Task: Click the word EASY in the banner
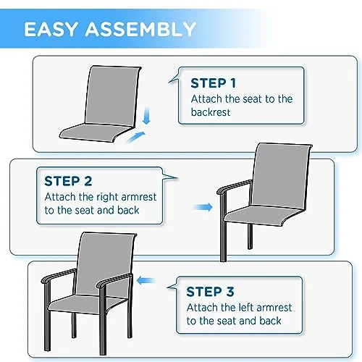[x=50, y=29]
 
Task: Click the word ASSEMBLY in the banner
[x=140, y=29]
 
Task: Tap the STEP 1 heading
[x=213, y=83]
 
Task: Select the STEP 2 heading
[x=68, y=181]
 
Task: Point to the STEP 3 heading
[x=210, y=291]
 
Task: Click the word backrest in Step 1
[x=211, y=112]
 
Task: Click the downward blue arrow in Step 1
[x=146, y=115]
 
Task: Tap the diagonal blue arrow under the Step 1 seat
[x=136, y=138]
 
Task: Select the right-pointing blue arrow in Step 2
[x=203, y=207]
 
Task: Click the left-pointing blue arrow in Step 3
[x=146, y=281]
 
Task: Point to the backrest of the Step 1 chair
[x=112, y=96]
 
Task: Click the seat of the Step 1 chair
[x=96, y=132]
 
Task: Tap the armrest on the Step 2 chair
[x=234, y=186]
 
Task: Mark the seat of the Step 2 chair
[x=262, y=216]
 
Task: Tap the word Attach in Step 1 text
[x=206, y=99]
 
